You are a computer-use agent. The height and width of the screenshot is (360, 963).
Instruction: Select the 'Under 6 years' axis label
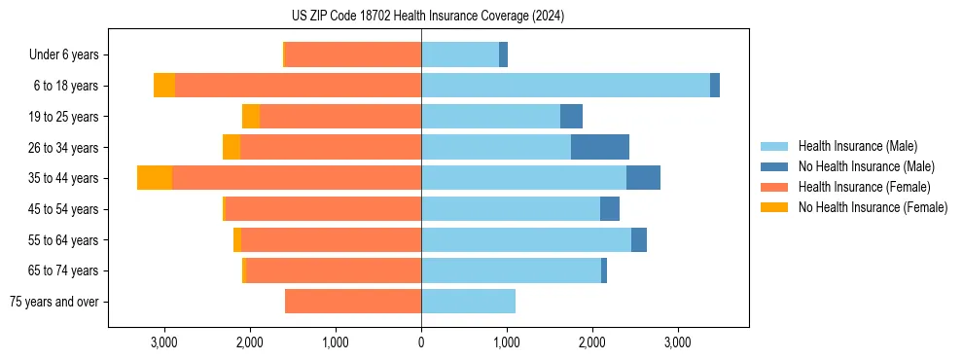coord(70,55)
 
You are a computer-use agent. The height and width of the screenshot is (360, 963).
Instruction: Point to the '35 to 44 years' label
coord(65,178)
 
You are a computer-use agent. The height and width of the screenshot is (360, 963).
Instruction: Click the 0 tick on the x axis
coord(421,342)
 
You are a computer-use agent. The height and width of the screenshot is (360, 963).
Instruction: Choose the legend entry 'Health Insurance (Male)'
coord(857,146)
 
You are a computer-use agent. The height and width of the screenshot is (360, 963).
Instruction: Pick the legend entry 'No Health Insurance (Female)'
coord(873,207)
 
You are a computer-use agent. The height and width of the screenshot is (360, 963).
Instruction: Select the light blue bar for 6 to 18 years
coord(565,86)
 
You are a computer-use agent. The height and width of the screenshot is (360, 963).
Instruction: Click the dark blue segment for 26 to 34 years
coord(599,147)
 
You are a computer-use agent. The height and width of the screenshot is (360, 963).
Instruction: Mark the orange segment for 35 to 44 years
coord(155,178)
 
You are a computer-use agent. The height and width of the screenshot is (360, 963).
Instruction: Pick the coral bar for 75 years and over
coord(353,302)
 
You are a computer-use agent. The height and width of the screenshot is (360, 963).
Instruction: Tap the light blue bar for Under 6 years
coord(460,55)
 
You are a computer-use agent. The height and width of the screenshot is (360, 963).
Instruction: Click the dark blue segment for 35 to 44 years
coord(643,178)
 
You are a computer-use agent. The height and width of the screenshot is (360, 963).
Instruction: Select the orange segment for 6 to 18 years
coord(164,86)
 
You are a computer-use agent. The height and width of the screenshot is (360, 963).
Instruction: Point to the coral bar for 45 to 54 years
coord(323,208)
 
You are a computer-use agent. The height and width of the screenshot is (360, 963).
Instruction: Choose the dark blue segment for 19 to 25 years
coord(571,117)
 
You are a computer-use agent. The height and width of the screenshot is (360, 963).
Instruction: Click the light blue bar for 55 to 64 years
coord(526,239)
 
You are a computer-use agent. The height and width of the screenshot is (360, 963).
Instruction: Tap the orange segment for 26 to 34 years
coord(232,147)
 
